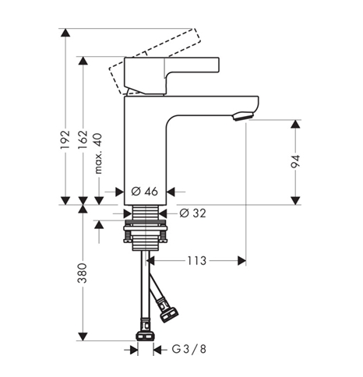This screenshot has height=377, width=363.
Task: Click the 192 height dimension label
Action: (x=65, y=139)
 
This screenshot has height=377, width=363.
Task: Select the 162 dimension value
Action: (x=83, y=139)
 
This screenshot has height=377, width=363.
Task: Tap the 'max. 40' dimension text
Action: (x=98, y=153)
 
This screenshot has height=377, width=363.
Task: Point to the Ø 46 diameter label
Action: (x=145, y=192)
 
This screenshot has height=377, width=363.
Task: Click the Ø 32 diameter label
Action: (x=193, y=213)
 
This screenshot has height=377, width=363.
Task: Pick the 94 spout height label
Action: (x=295, y=161)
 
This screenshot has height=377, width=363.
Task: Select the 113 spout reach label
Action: (x=197, y=261)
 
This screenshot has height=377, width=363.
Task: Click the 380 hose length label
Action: (x=83, y=273)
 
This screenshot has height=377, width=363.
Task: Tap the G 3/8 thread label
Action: (x=189, y=349)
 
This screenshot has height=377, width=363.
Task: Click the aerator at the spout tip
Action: (x=243, y=116)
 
